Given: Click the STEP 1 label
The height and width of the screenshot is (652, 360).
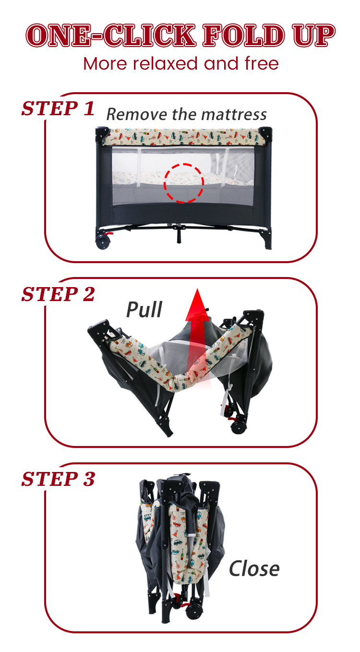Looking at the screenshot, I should (x=58, y=109).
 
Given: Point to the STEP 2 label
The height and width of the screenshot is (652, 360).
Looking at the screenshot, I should (x=58, y=294).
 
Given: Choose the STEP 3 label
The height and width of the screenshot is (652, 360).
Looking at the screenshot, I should (x=58, y=479).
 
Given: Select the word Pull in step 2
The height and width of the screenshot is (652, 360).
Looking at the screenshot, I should (x=144, y=310).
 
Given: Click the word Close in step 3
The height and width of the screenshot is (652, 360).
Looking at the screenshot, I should (x=254, y=568).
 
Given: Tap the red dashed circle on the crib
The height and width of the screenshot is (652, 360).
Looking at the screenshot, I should (x=184, y=182).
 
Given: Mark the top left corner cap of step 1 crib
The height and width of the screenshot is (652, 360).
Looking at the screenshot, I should (x=102, y=132).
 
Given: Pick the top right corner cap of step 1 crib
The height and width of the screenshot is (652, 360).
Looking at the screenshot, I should (x=265, y=132).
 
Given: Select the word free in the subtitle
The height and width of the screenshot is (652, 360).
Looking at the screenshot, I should (x=262, y=63).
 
